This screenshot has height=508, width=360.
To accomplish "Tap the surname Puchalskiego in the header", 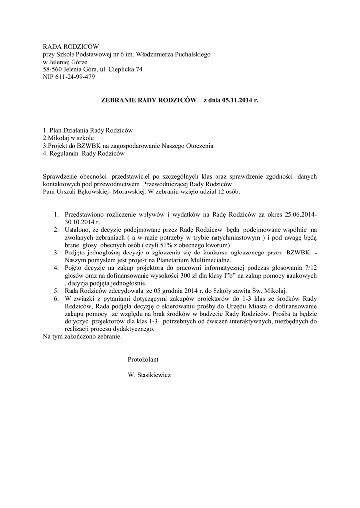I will pyautogui.click(x=192, y=54).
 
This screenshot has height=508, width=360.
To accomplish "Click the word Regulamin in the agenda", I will pyautogui.click(x=65, y=154).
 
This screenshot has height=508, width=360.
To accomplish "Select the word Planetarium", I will pyautogui.click(x=174, y=260).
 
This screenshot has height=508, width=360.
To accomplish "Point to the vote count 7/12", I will pyautogui.click(x=310, y=267).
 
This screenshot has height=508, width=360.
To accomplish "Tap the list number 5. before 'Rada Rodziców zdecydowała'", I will pyautogui.click(x=57, y=290).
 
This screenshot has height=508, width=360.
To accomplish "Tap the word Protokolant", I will pyautogui.click(x=143, y=358).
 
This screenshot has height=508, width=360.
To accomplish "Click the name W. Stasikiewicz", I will pyautogui.click(x=149, y=375).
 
